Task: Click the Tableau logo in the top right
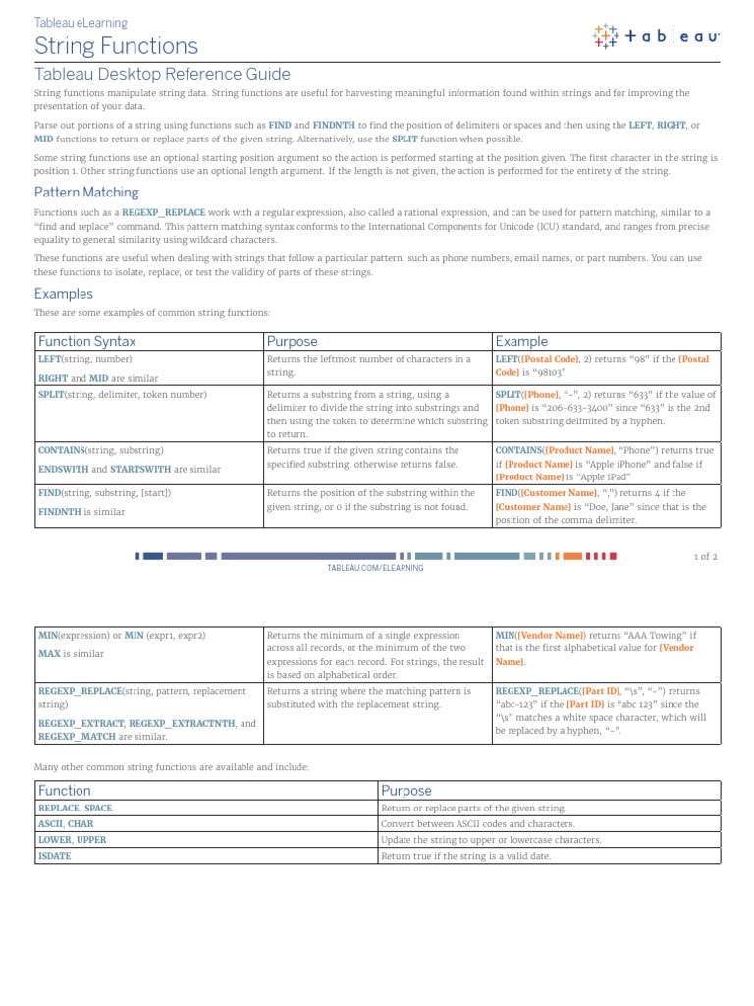(656, 36)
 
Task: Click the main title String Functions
(116, 46)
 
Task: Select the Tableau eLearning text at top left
(81, 23)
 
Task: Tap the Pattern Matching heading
(86, 193)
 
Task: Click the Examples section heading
(64, 293)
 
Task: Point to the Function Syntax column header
(86, 341)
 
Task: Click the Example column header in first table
(521, 341)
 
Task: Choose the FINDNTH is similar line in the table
(81, 512)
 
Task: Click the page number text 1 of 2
(706, 556)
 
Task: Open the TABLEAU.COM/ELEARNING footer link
(375, 568)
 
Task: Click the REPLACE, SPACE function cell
(75, 808)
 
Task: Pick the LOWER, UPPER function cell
(72, 840)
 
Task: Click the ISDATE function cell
(55, 856)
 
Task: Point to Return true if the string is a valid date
(465, 856)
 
